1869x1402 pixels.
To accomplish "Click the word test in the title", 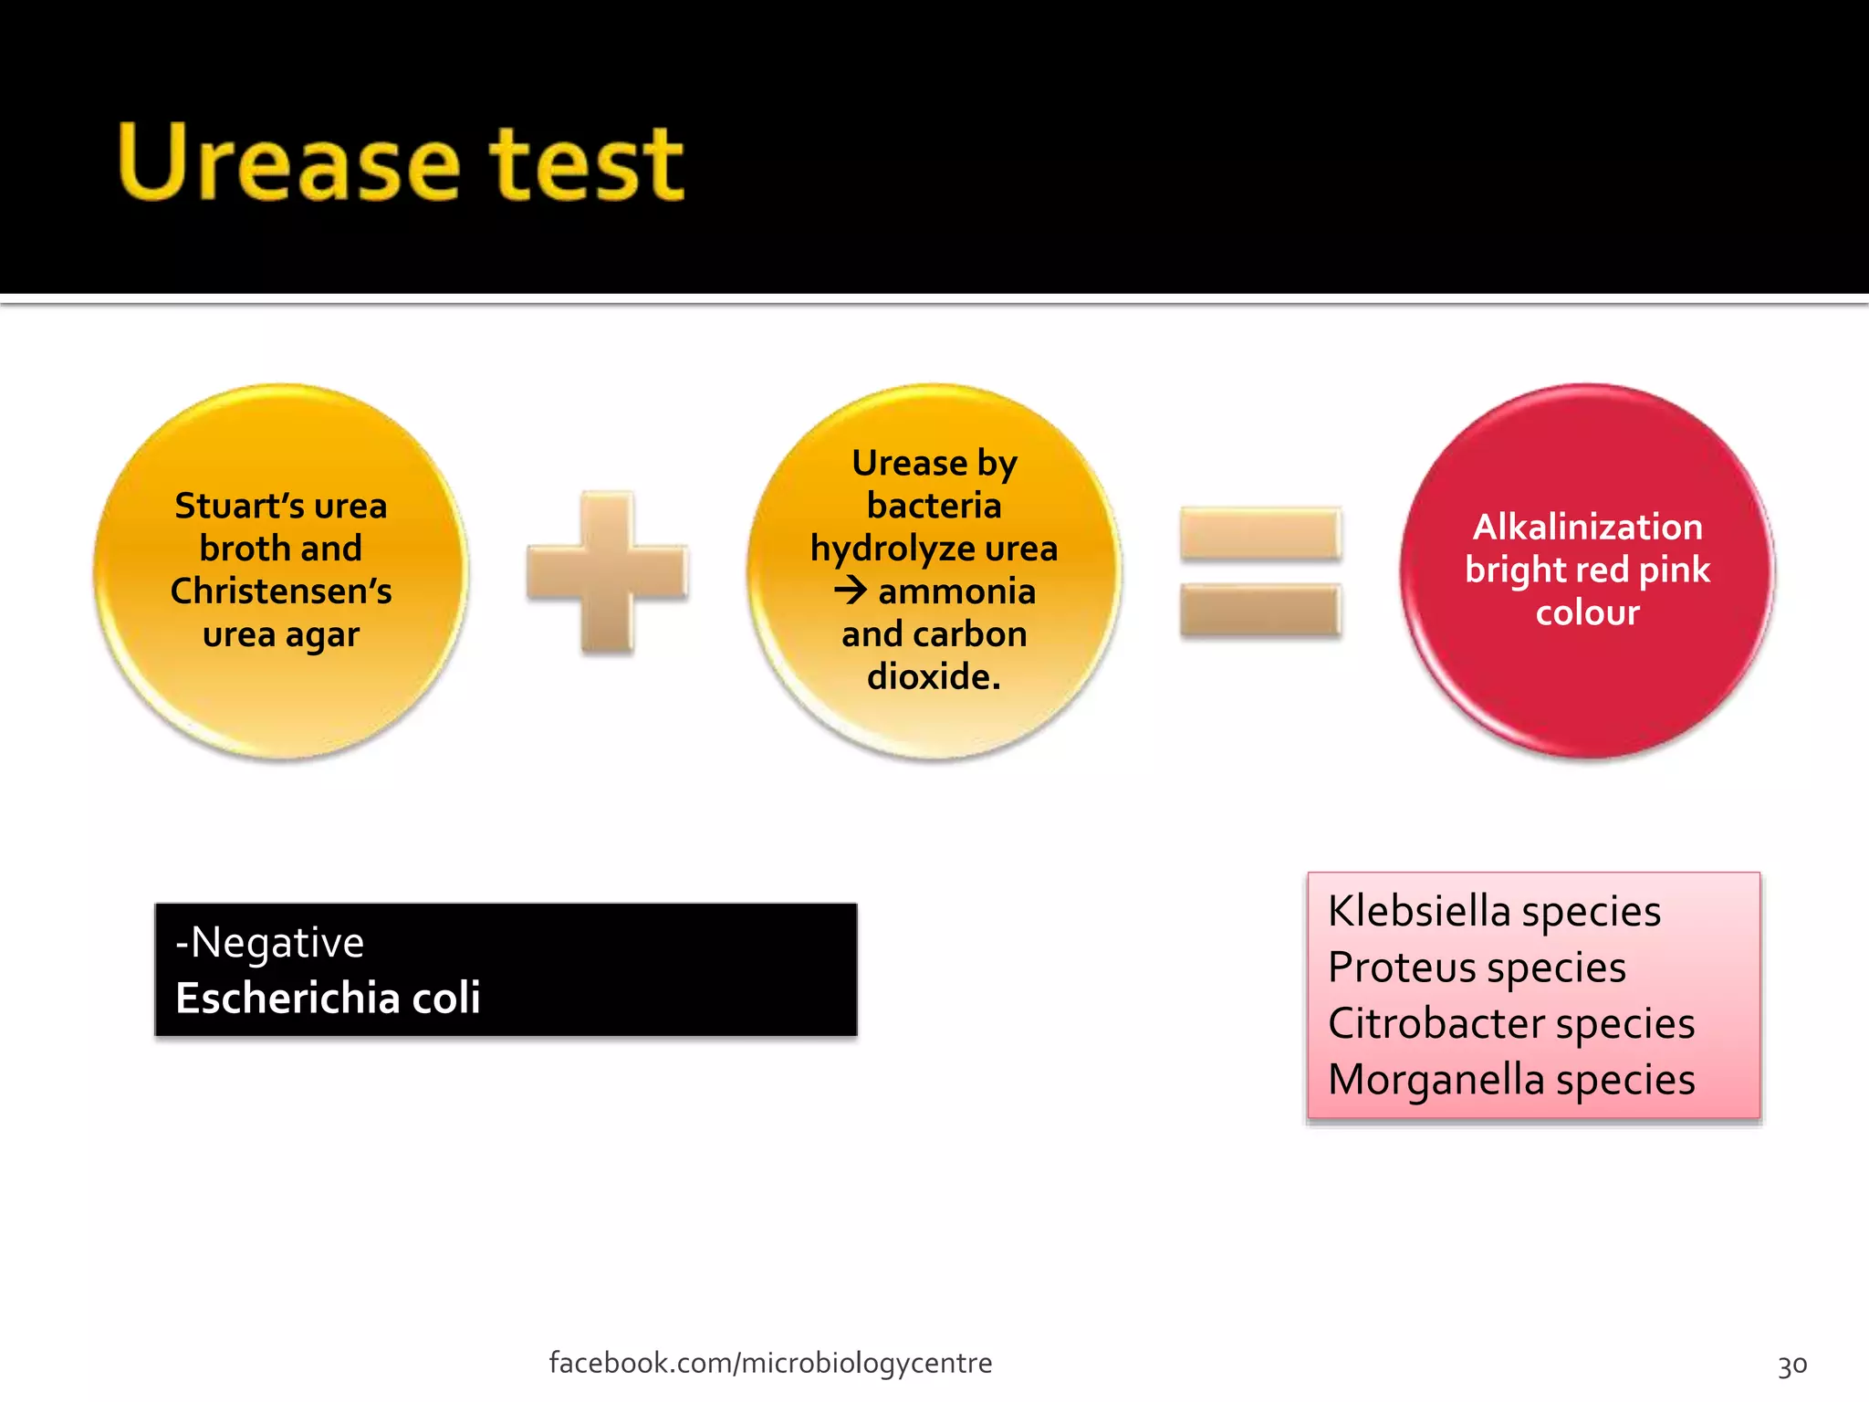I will (587, 164).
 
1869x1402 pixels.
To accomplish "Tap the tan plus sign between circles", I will (607, 572).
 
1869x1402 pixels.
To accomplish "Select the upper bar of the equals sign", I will (1259, 533).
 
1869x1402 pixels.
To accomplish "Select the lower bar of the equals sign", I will (1259, 610).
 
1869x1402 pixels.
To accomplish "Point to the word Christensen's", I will (281, 591).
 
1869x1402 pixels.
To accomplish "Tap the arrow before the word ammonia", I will (851, 591).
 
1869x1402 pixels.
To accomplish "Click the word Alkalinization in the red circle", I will (1587, 527).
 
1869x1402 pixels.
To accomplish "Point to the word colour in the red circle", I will (1587, 612).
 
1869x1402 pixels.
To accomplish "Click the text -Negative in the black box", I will (270, 942).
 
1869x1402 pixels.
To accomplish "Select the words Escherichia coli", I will (328, 998).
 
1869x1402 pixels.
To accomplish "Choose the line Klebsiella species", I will (1494, 911).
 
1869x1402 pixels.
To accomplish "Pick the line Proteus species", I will (1477, 968).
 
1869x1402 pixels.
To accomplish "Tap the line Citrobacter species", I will (1510, 1023).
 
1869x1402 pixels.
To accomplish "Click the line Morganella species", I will (1510, 1080).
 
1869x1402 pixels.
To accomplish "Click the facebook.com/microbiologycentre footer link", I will (770, 1363).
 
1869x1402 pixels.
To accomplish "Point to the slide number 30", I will (1791, 1365).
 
